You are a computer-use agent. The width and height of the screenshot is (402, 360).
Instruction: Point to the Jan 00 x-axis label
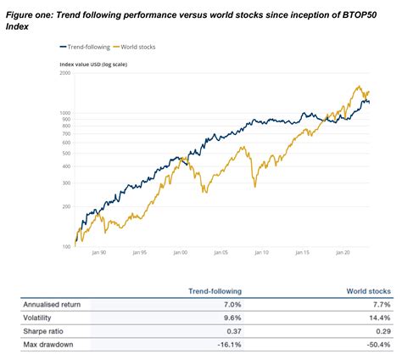click(179, 253)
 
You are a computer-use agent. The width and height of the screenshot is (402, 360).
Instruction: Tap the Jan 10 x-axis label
click(260, 253)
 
